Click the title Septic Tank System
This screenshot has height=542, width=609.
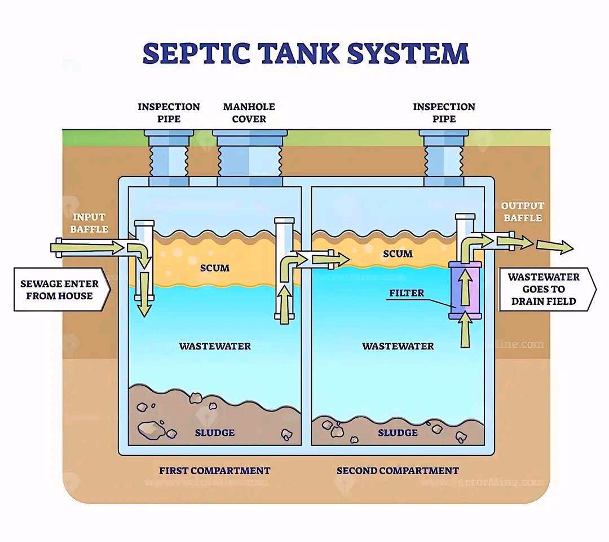[x=306, y=54]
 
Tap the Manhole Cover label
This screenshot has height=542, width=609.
[x=249, y=112]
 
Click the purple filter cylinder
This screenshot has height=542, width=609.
[x=465, y=290]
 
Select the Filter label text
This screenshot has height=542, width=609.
[x=406, y=294]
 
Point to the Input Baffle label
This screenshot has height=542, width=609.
[x=89, y=222]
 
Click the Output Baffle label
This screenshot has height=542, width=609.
[x=522, y=212]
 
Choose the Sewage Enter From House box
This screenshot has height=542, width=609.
[x=60, y=290]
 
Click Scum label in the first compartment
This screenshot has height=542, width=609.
[x=215, y=268]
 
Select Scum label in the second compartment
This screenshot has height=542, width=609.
[x=398, y=254]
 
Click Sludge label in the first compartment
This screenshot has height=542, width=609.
[x=214, y=432]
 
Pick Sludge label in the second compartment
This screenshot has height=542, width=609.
[x=398, y=432]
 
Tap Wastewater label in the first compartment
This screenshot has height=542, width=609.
[x=215, y=346]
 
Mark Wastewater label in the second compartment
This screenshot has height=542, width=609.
[x=398, y=346]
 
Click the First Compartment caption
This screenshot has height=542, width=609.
[x=214, y=470]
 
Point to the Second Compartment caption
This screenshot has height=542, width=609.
[x=398, y=470]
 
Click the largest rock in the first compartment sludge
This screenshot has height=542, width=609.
[x=151, y=429]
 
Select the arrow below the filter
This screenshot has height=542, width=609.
[x=465, y=330]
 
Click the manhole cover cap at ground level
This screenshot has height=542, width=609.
[x=250, y=133]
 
